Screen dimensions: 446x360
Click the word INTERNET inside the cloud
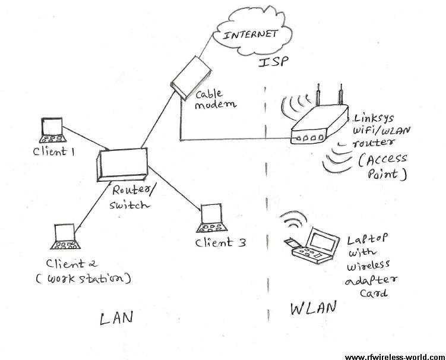[x=250, y=34]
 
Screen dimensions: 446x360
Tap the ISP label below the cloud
[x=273, y=62]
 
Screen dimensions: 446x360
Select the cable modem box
[x=191, y=78]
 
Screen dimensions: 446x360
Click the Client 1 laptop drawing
[x=53, y=130]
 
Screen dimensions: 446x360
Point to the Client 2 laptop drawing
[x=65, y=237]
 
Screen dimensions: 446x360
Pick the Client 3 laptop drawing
[x=212, y=218]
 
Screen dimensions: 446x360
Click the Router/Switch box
[x=122, y=165]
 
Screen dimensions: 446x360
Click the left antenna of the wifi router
[x=318, y=95]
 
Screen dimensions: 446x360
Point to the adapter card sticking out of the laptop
[x=291, y=242]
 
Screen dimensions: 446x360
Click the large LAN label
[x=116, y=318]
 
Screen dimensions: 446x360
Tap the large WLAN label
[x=314, y=308]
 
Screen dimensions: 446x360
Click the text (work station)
[x=84, y=279]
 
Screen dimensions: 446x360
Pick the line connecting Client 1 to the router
[x=86, y=138]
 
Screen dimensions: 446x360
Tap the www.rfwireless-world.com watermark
[x=395, y=357]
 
